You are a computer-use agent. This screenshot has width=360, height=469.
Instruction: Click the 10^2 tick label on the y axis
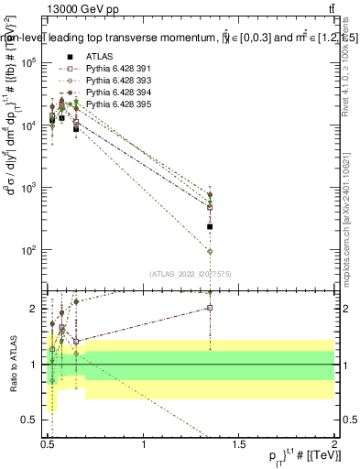(x=30, y=250)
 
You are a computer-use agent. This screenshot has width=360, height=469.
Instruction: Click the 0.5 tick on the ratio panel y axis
(x=33, y=420)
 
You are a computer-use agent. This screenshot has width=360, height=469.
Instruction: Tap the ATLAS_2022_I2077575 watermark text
(x=191, y=273)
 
